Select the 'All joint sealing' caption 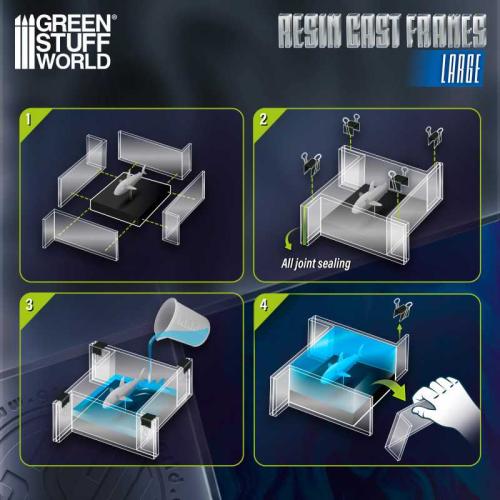point(321,265)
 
